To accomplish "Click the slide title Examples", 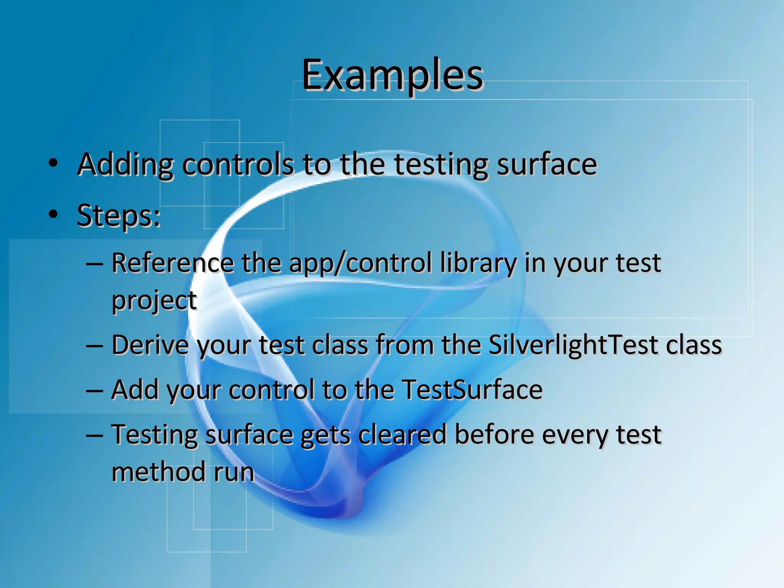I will pyautogui.click(x=392, y=75).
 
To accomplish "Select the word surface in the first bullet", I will pyautogui.click(x=547, y=165).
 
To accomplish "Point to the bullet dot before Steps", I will pyautogui.click(x=53, y=214).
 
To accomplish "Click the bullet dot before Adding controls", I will pyautogui.click(x=53, y=163).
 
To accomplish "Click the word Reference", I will pyautogui.click(x=172, y=263).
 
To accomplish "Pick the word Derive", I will pyautogui.click(x=150, y=345).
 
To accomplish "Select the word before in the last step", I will pyautogui.click(x=494, y=435).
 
